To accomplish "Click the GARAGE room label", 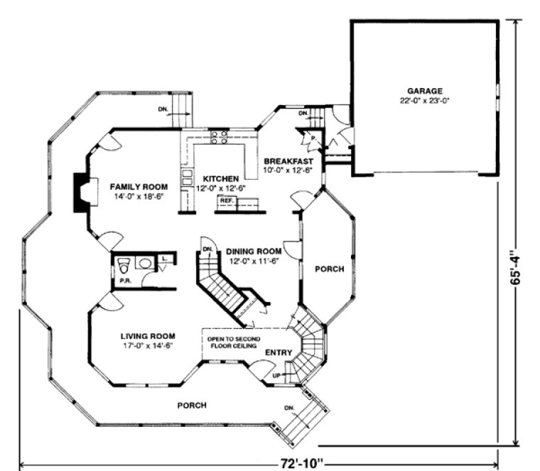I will point(425,91).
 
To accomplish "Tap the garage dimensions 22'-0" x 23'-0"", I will point(425,101).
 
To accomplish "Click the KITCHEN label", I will point(219,178).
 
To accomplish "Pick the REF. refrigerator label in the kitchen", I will point(227,201).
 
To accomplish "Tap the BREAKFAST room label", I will point(293,161).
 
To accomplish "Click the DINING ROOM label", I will point(254,251).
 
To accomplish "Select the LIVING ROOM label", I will point(148,336).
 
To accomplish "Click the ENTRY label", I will point(279,353).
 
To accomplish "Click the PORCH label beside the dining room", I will point(329,269).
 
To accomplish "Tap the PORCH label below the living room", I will point(192,405).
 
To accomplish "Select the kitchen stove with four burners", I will point(219,137).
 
